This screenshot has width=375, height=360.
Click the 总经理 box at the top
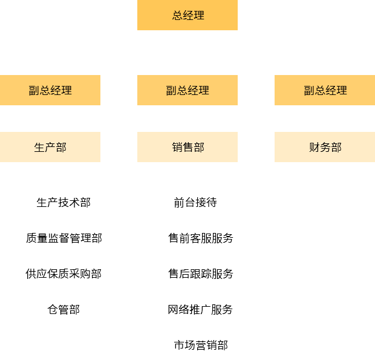pos(187,15)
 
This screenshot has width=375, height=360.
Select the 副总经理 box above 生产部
pos(50,90)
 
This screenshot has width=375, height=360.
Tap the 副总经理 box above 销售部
pos(187,90)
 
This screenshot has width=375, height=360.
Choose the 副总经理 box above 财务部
pos(325,90)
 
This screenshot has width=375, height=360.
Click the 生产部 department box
pos(50,147)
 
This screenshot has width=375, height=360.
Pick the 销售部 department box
pos(187,147)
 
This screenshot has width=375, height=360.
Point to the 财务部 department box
pos(325,147)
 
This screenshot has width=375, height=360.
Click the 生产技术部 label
pos(64,202)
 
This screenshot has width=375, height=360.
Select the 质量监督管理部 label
pos(64,238)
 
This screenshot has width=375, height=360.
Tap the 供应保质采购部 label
pos(64,273)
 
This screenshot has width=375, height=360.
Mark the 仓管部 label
pos(64,309)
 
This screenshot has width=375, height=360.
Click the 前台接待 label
pos(195,202)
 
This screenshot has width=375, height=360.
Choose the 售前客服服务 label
pos(200,238)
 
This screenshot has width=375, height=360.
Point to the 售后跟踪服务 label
pos(200,273)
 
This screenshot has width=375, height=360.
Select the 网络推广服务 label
pos(200,309)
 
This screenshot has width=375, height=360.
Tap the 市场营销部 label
pos(200,345)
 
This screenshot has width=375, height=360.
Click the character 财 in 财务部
pos(315,147)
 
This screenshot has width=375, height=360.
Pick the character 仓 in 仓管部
pos(53,309)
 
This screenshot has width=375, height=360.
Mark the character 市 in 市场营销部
pos(179,345)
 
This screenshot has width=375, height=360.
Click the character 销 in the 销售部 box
pos(177,147)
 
